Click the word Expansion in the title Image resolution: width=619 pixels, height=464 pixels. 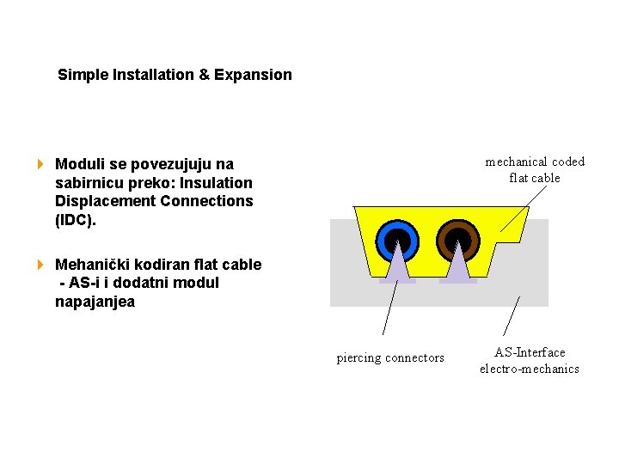pos(253,75)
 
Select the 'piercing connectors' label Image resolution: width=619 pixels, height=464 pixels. pos(390,357)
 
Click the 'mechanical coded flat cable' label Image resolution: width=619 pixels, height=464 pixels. pos(535,169)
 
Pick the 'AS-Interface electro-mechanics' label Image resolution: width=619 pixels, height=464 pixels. pos(530,360)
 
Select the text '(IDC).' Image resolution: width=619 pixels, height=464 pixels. pos(76,220)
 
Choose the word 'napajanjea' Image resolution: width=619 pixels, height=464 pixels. pos(95,302)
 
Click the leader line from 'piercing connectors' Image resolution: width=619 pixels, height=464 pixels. pos(389,308)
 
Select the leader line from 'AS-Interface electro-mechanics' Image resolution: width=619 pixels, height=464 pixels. pos(512,315)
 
